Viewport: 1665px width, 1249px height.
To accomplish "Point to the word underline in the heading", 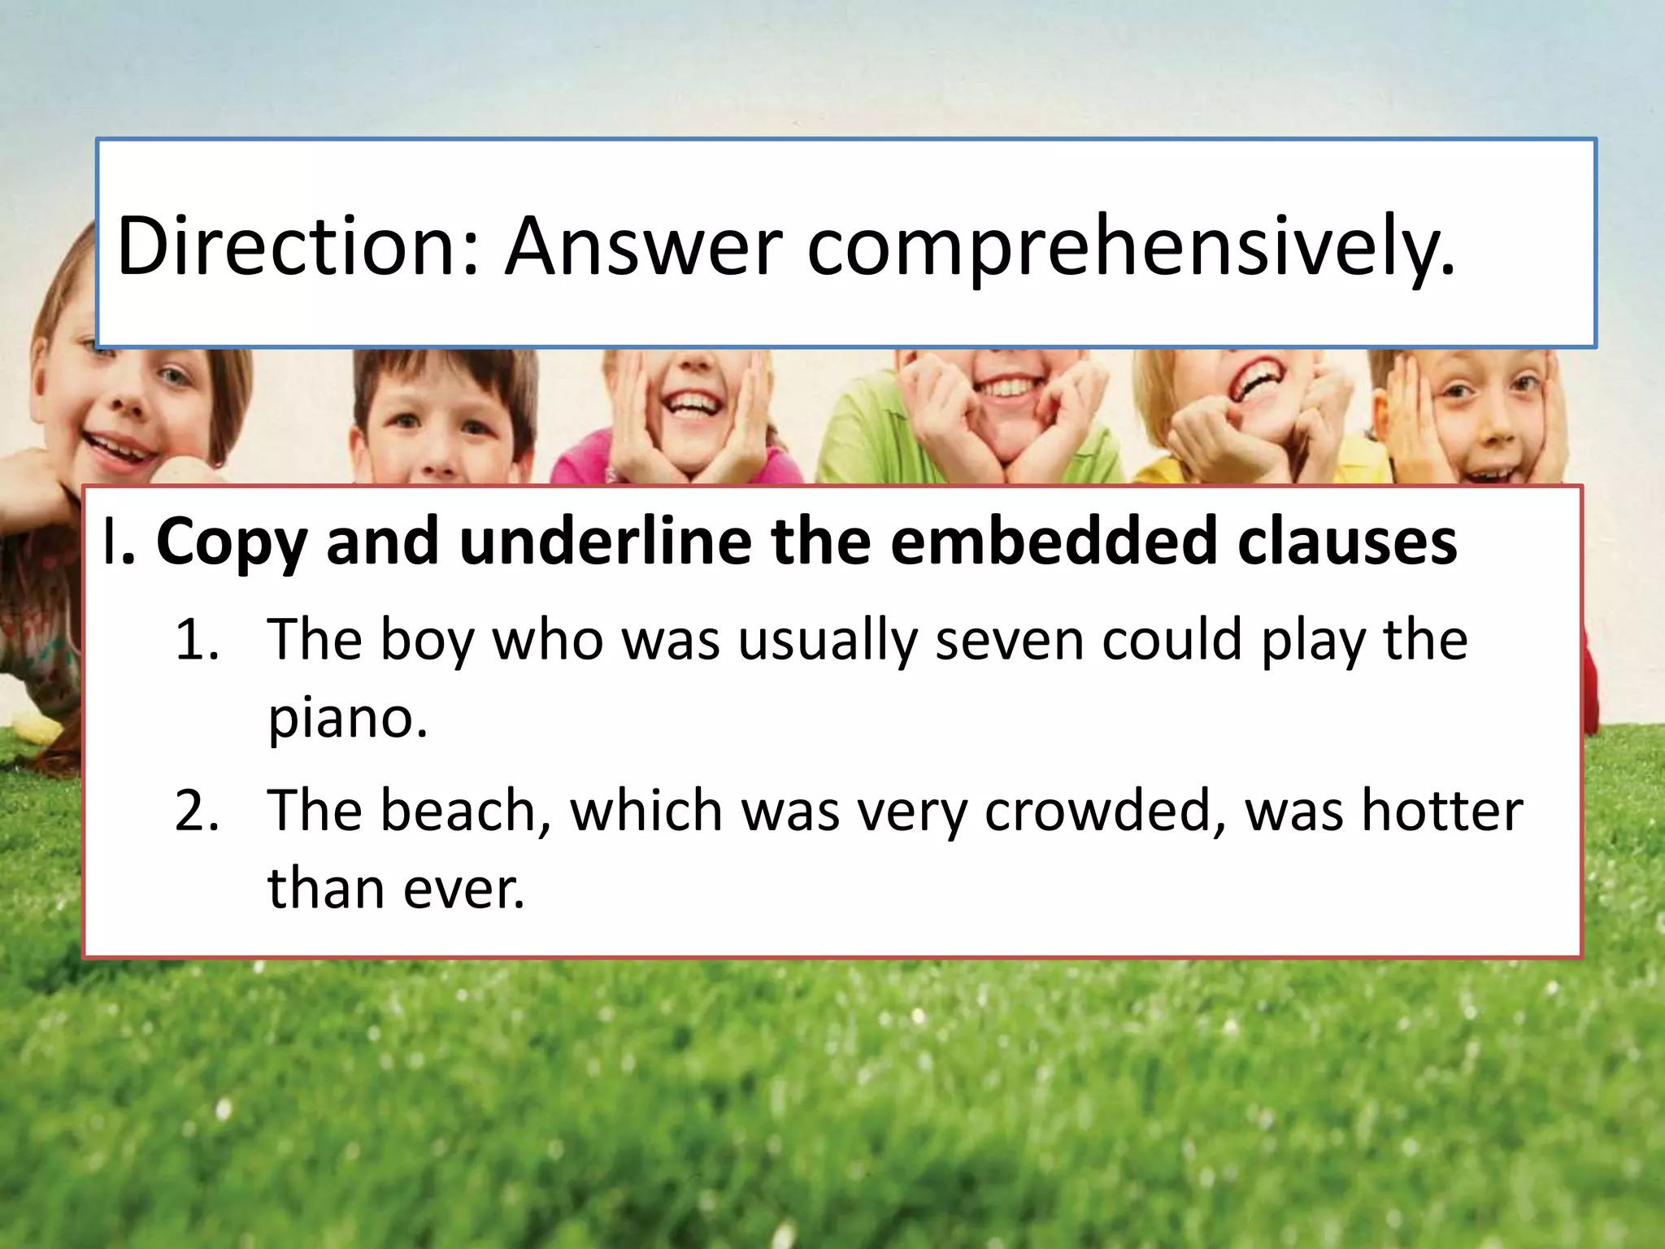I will click(x=605, y=541).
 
